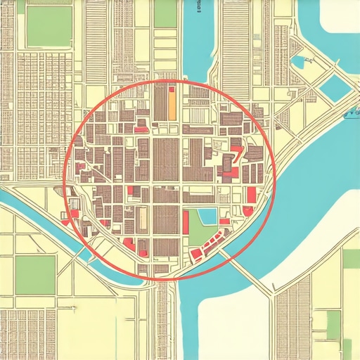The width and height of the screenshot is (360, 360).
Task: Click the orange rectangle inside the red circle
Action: (171, 105)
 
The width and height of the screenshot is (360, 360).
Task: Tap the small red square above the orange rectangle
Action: (171, 89)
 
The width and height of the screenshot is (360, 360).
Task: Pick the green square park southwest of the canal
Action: (35, 274)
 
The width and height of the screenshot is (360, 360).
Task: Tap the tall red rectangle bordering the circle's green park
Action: (186, 223)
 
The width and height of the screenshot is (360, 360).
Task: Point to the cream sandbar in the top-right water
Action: (337, 18)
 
